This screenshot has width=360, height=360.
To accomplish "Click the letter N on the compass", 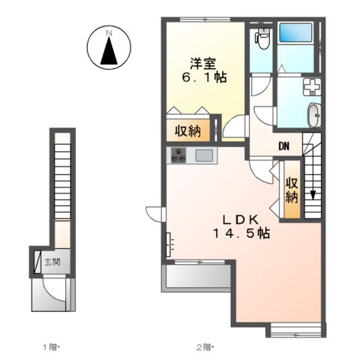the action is point(109,33).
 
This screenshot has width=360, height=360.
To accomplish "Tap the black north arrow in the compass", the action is point(109,51).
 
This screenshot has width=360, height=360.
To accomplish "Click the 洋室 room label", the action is point(203,64).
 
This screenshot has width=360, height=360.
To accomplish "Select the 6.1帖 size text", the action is point(204,78).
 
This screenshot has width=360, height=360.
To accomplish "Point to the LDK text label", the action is point(241,220).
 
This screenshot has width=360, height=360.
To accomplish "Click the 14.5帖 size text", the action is point(241,233).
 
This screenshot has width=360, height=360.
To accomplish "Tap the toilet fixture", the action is point(262,38).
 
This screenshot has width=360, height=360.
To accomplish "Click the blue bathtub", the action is point(295,32).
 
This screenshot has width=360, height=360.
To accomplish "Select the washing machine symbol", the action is point(312,87).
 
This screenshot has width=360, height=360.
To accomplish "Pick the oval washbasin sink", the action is point(314,115).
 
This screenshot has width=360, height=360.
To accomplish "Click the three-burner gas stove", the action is point(178,155).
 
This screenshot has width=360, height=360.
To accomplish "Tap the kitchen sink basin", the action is point(204,155).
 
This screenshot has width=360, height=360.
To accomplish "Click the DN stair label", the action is point(284,146).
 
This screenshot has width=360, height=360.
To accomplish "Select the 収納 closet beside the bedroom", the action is point(188,130).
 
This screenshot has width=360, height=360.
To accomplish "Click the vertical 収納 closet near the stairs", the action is point(292,190).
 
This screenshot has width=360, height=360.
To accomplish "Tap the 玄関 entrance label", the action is point(52,262).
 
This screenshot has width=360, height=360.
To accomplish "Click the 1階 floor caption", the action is point(52,347).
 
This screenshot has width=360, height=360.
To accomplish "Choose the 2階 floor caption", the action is point(205,347).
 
